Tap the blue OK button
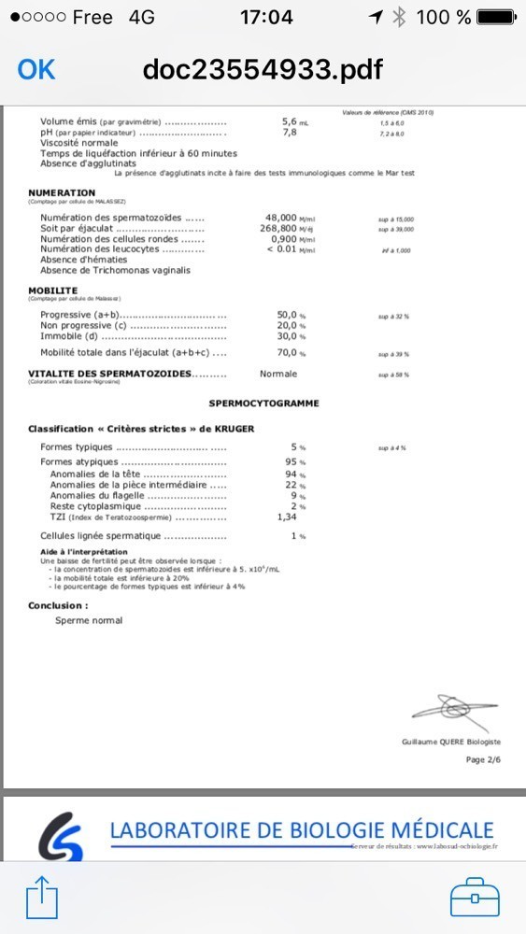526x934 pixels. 36,69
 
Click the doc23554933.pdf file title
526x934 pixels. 263,69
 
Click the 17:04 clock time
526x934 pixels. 266,17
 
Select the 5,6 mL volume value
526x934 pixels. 291,121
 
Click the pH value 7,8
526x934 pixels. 290,133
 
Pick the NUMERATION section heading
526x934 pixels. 62,193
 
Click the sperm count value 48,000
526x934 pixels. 288,217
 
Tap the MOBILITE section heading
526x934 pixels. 53,290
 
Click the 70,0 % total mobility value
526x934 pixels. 292,353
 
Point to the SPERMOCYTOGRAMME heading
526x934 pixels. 263,403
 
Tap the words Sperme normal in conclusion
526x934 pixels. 89,620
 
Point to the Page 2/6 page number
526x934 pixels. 483,759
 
